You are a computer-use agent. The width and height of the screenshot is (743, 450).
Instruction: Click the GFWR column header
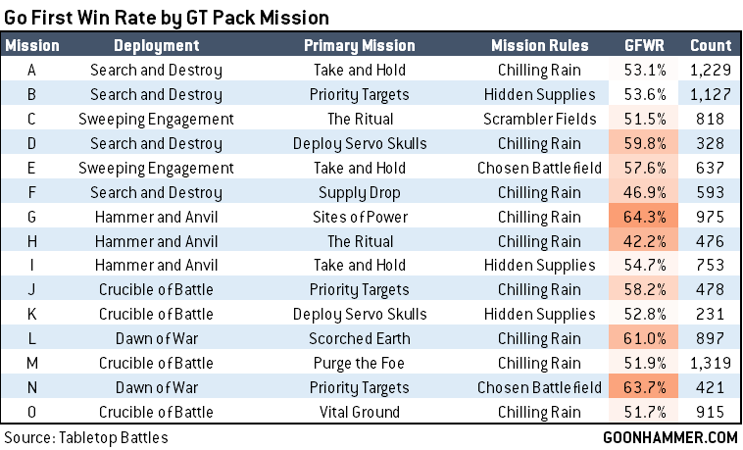(x=642, y=46)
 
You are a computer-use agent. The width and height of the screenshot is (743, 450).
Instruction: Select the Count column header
(x=710, y=46)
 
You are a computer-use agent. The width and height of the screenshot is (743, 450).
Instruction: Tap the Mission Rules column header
(x=540, y=46)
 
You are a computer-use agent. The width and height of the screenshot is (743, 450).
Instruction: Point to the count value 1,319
(x=710, y=363)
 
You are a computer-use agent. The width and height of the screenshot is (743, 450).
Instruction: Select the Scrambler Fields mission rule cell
(x=540, y=120)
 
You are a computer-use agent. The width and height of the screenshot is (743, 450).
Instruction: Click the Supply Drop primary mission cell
(x=360, y=192)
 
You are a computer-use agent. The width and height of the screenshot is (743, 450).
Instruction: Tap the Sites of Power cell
(x=360, y=217)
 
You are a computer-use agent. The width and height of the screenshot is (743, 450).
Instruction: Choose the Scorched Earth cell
(x=360, y=338)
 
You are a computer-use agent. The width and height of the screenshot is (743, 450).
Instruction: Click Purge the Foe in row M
(x=360, y=363)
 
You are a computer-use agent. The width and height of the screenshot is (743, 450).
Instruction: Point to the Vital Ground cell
(x=360, y=411)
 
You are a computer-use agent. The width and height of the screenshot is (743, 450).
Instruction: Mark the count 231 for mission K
(x=710, y=314)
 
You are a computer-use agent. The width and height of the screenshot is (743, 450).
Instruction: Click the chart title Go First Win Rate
(x=167, y=18)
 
